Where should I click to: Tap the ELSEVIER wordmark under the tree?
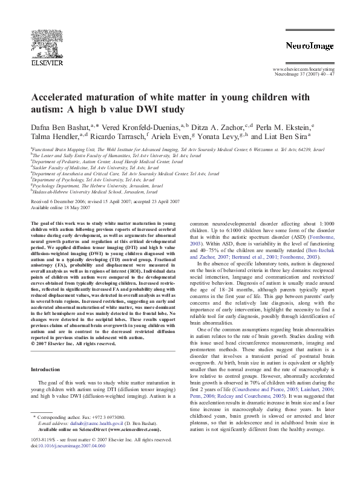click(48, 61)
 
